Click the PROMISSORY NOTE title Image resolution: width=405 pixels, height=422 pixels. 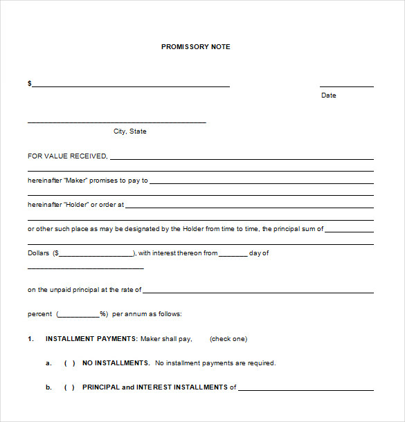coord(196,47)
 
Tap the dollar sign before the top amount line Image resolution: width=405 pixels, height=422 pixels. coord(30,84)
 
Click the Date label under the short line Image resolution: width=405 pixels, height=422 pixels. coord(329,95)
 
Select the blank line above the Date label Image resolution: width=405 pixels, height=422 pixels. coord(347,86)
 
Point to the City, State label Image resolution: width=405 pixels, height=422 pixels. coord(130,131)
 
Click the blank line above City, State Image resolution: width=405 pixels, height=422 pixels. coord(116,122)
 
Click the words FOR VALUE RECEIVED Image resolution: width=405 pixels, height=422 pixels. coord(67,156)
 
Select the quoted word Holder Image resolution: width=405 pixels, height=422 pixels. coord(76,205)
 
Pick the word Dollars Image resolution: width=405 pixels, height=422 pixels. coord(39,253)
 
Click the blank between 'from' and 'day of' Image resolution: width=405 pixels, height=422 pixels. coord(233,255)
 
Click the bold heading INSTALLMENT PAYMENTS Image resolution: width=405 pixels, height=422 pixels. coord(91,339)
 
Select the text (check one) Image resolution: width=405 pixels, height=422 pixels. coord(228,339)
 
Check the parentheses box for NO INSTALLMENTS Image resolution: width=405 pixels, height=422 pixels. coord(69,363)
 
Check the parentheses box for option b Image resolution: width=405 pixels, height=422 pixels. coord(69,387)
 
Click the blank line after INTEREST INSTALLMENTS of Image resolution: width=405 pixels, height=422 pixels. coord(305,389)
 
